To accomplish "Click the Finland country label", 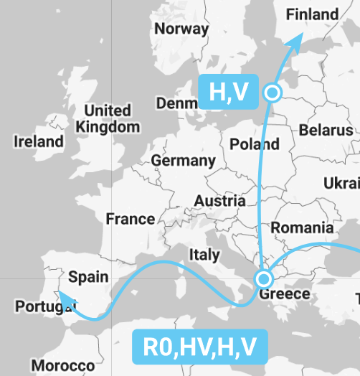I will click(x=312, y=14).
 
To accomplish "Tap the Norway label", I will click(x=181, y=29).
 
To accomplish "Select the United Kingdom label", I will click(x=108, y=118).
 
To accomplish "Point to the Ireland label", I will click(x=39, y=141).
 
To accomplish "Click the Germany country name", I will click(x=183, y=161).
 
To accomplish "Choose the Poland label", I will click(x=254, y=144).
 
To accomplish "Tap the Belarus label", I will click(x=326, y=130).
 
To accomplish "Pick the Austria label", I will click(x=220, y=201).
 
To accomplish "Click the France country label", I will click(x=131, y=219).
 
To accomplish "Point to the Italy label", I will click(x=204, y=254).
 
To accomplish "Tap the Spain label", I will click(x=88, y=276).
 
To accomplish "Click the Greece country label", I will click(x=285, y=293).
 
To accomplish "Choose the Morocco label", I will click(x=62, y=365).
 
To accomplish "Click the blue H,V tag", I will click(x=228, y=92).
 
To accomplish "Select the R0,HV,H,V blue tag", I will click(x=200, y=347).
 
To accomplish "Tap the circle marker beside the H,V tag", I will click(x=272, y=92).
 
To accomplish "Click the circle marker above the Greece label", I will click(x=265, y=278).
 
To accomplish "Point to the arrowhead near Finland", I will click(x=295, y=42).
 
